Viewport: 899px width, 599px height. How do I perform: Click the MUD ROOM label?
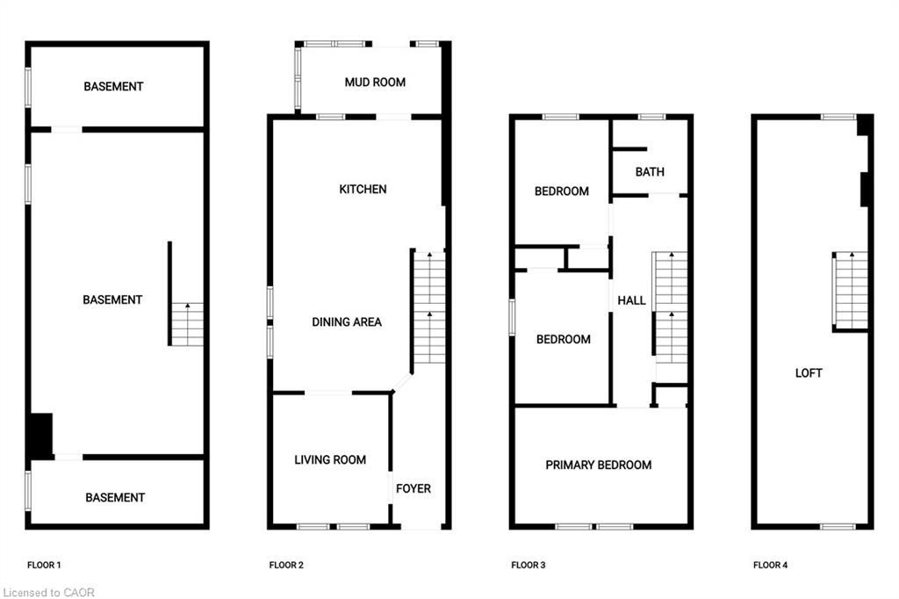point(375,83)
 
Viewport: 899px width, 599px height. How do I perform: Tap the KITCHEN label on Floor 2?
point(363,190)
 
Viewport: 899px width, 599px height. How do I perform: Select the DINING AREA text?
point(347,322)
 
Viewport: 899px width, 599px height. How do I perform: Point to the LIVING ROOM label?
point(330,460)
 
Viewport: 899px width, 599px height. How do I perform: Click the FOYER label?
point(414,488)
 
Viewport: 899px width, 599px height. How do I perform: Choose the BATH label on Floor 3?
point(650,172)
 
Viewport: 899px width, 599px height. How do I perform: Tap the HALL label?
point(631,300)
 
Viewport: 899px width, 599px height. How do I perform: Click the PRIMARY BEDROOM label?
point(599,465)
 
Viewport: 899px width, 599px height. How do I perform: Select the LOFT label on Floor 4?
point(809,373)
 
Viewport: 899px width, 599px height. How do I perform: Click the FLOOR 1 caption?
point(44,566)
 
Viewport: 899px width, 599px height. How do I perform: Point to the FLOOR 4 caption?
point(771,566)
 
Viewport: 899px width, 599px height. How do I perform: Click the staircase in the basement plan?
point(187,324)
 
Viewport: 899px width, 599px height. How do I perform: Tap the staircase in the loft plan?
point(850,290)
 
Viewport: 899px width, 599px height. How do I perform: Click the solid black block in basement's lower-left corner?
point(40,435)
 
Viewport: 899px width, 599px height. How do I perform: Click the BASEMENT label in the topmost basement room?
point(113,87)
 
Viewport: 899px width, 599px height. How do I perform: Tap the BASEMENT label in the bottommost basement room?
point(115,498)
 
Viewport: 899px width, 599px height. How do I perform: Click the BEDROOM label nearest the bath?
point(562,191)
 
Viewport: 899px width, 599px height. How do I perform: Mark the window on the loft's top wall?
point(838,117)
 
